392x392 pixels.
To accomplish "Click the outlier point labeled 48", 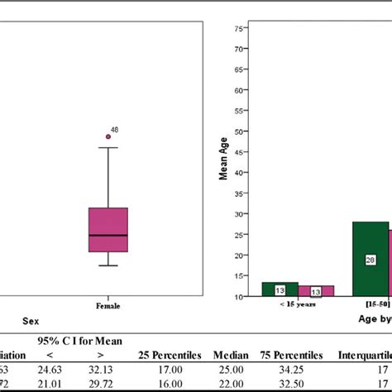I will point(108,136).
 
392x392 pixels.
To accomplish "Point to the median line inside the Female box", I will point(108,236).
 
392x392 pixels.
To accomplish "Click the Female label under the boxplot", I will point(108,306).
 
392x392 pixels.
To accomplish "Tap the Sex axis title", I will point(30,320).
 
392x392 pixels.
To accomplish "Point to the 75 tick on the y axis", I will point(237,29).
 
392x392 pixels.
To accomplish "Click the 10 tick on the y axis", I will point(237,296).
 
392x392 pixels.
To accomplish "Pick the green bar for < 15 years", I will point(280,289).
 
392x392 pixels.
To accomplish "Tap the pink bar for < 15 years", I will point(316,291).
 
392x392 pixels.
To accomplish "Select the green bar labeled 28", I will point(370,259).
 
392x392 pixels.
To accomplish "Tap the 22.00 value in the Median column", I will point(230,385).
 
